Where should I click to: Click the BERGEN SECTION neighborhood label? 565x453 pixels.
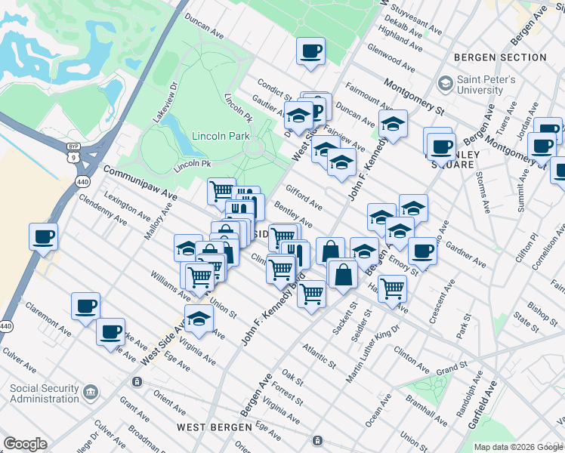pos(500,57)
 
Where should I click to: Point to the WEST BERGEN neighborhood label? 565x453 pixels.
pos(214,427)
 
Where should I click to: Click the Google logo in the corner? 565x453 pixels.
pos(25,444)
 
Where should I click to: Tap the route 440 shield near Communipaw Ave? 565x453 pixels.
pos(82,181)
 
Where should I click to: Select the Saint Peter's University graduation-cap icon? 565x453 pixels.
pos(445,82)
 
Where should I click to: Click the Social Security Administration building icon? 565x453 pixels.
pos(91,393)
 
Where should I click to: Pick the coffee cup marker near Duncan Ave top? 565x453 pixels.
pos(310,51)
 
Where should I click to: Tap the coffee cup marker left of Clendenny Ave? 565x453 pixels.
pos(43,236)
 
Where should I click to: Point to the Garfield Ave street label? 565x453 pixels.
pos(482,405)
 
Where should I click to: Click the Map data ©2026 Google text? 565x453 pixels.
pos(517,447)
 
